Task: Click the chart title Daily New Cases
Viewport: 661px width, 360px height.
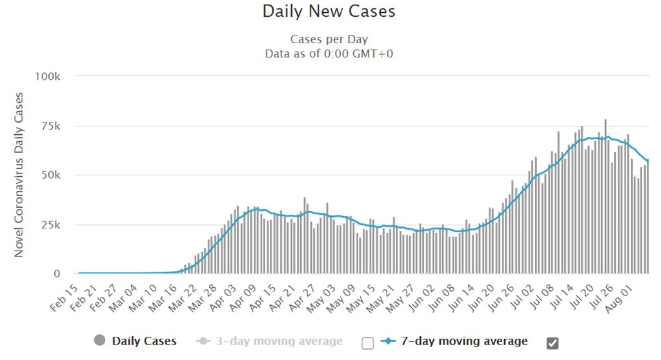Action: click(x=329, y=12)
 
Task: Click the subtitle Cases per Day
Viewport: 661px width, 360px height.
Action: click(x=329, y=39)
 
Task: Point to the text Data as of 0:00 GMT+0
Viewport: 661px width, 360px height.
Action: click(x=329, y=54)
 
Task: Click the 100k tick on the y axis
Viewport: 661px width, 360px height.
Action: click(x=48, y=76)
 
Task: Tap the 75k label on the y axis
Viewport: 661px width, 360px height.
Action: click(x=52, y=126)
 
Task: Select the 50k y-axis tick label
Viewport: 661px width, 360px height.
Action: click(x=52, y=175)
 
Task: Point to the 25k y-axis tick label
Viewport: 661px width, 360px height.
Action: click(x=52, y=225)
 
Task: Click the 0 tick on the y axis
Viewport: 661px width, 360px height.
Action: click(x=57, y=274)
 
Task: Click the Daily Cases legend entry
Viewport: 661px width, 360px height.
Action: click(x=144, y=341)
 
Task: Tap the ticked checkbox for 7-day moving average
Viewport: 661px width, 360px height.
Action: click(x=553, y=343)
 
